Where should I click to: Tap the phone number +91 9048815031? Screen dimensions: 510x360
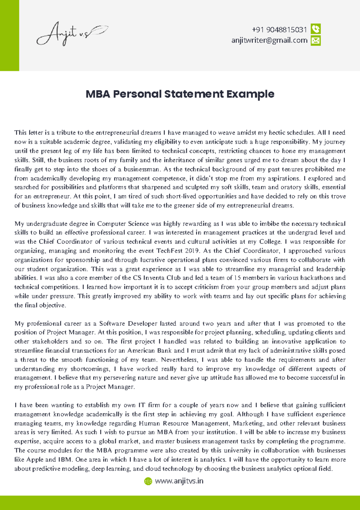coord(279,30)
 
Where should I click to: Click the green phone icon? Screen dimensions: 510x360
coord(316,29)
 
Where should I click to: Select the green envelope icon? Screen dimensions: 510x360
coord(316,40)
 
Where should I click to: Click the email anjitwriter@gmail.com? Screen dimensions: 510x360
coord(269,40)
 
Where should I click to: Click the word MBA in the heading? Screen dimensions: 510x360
coord(98,94)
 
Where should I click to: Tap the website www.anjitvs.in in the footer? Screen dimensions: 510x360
coord(179,481)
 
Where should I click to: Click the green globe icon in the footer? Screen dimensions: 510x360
coord(148,481)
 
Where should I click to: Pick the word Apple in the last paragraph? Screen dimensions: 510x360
coord(35,460)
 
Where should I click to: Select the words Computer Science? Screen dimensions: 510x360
coord(123,224)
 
